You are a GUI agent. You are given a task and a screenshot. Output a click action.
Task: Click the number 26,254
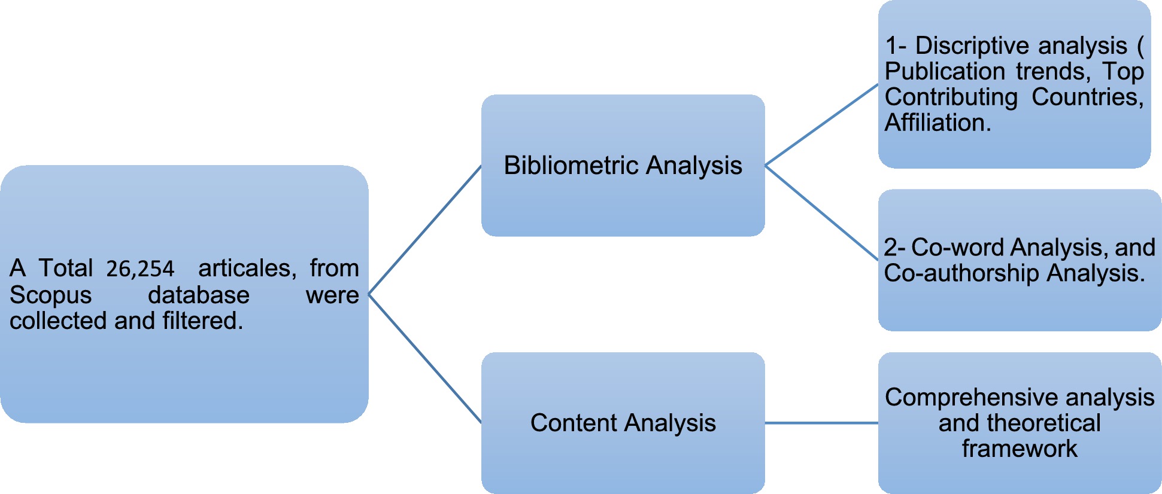coord(140,269)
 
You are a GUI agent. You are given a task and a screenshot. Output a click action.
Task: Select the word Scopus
coord(50,295)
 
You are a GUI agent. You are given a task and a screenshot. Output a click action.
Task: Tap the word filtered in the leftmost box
coord(202,321)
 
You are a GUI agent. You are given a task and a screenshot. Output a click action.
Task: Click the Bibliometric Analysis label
coord(623,166)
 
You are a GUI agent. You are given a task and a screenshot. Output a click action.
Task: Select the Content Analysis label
coord(623,423)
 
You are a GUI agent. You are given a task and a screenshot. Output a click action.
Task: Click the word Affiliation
coord(938,123)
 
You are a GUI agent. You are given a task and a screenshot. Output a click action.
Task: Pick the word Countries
coord(1087,97)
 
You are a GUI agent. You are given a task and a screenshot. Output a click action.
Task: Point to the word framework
coord(1020,449)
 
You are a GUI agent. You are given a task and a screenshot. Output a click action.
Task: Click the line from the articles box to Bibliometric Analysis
coord(425,230)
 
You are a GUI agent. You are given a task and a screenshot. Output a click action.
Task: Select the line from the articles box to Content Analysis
coord(425,359)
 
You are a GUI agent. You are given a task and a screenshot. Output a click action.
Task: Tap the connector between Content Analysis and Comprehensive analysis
coord(821,423)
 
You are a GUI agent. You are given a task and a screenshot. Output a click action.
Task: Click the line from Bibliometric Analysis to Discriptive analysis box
coord(821,124)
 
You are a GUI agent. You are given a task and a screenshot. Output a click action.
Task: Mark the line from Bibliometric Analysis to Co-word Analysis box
coord(821,212)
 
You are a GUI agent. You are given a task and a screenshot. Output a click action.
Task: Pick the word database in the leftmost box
coord(198,295)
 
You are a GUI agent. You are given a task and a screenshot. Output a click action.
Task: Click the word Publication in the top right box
coord(944,72)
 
